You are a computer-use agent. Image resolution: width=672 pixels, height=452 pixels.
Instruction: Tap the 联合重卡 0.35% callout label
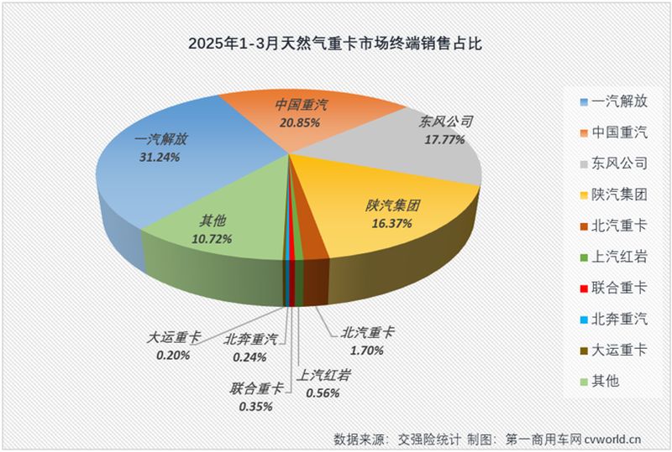point(257,397)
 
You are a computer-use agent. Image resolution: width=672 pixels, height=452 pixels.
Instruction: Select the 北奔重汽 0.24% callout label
point(249,347)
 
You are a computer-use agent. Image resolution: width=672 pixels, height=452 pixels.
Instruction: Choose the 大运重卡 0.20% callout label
point(172,345)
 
